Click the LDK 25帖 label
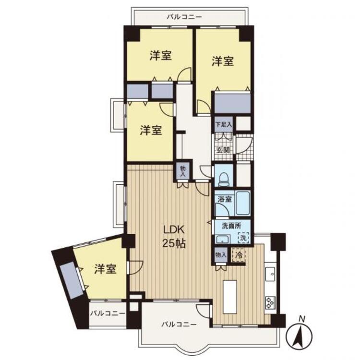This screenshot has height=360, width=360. pyautogui.click(x=174, y=236)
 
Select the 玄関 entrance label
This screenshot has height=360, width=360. pyautogui.click(x=223, y=150)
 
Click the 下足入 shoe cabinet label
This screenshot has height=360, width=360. pyautogui.click(x=224, y=125)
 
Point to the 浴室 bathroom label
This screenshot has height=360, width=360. pyautogui.click(x=225, y=199)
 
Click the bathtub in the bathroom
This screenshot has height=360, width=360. pyautogui.click(x=243, y=203)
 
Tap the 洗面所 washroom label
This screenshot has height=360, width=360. pyautogui.click(x=231, y=226)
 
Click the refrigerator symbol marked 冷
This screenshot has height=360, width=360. pyautogui.click(x=239, y=255)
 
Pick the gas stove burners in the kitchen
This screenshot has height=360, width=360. pyautogui.click(x=270, y=302)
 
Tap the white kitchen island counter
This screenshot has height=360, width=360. pyautogui.click(x=230, y=297)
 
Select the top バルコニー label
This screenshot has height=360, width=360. pyautogui.click(x=184, y=17)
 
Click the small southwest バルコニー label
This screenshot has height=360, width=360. pyautogui.click(x=108, y=313)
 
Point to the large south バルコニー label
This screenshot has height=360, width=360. pyautogui.click(x=179, y=324)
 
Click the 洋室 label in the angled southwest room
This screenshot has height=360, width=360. pyautogui.click(x=106, y=269)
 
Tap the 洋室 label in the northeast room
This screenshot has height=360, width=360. pyautogui.click(x=223, y=61)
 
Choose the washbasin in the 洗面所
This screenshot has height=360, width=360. pyautogui.click(x=222, y=239)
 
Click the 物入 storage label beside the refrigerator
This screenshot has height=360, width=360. pyautogui.click(x=221, y=254)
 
